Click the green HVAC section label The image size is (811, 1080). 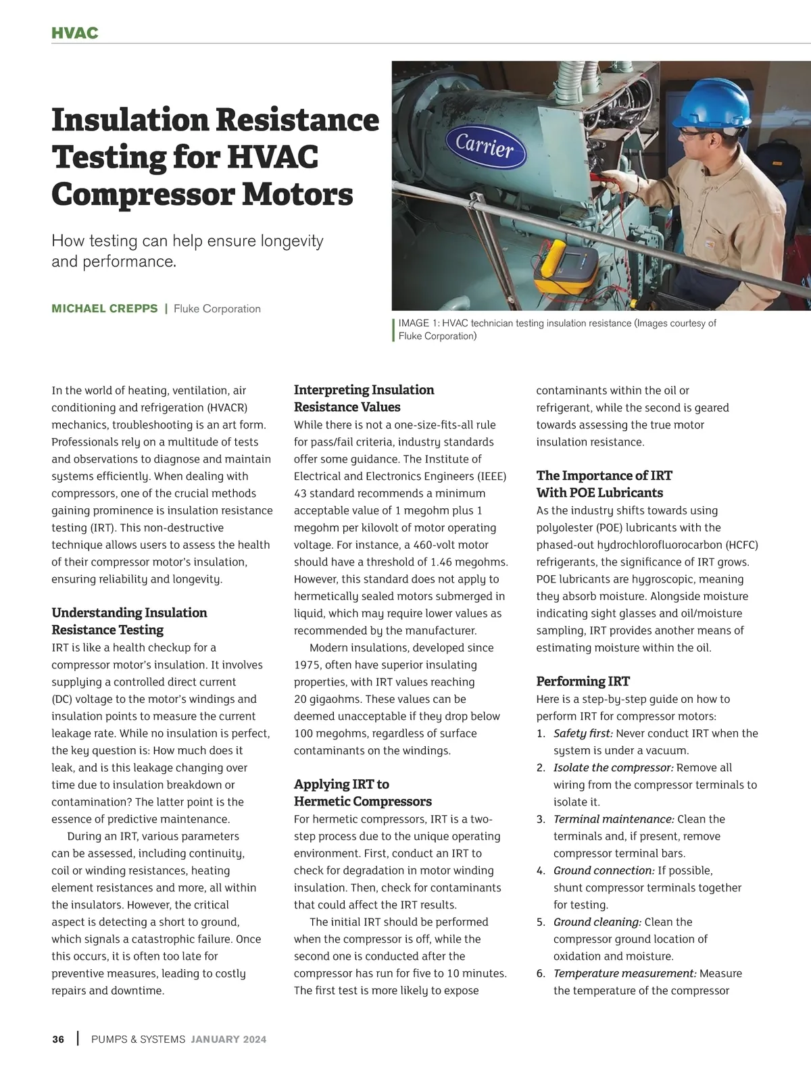[75, 33]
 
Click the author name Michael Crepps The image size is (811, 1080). [105, 309]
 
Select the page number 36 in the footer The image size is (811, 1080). [58, 1039]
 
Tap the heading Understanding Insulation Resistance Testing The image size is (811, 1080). [129, 621]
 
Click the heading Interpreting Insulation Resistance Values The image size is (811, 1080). [364, 398]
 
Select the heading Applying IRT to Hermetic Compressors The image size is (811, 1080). [362, 793]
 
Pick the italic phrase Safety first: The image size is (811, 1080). [583, 733]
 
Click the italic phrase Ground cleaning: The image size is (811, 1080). [597, 922]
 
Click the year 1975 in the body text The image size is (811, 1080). [308, 664]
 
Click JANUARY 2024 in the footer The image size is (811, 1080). [228, 1039]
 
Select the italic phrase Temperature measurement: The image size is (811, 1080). [624, 973]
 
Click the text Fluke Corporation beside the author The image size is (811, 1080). [217, 309]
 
